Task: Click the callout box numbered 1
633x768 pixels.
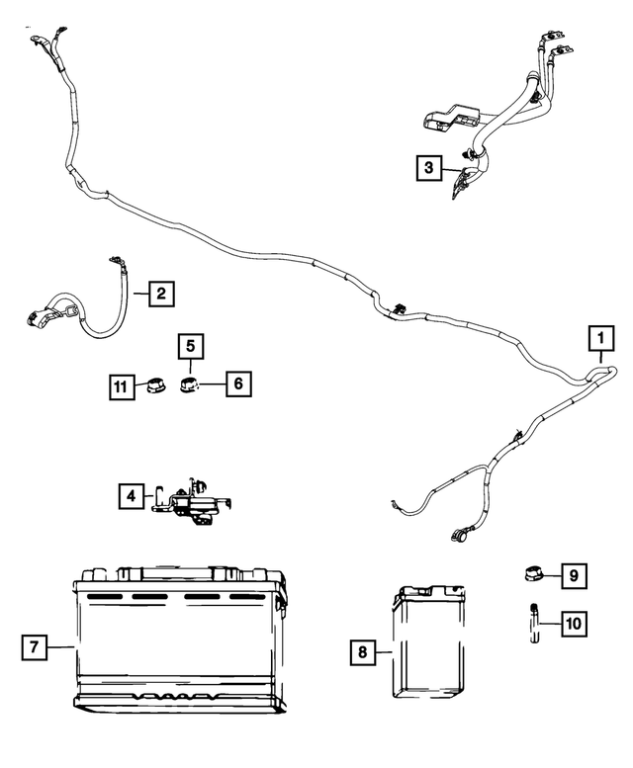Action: coord(599,339)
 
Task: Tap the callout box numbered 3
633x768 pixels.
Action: coord(428,169)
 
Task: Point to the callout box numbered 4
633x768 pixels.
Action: coord(130,496)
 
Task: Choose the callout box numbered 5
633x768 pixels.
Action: coord(192,347)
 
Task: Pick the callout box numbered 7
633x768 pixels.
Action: coord(33,647)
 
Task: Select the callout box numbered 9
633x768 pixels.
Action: coord(574,573)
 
